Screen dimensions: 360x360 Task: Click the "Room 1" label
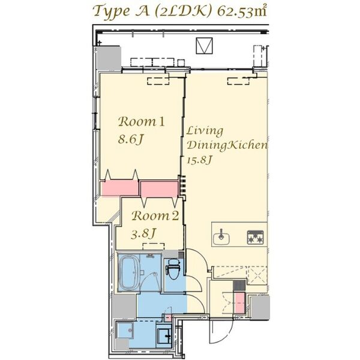(141, 122)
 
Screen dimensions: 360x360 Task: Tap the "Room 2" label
(155, 216)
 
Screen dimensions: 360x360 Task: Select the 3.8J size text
(145, 233)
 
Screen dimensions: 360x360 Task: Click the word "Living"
(204, 130)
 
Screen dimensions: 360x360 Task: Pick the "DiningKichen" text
(226, 145)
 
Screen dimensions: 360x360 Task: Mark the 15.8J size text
(200, 160)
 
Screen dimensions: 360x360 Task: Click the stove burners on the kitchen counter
(255, 238)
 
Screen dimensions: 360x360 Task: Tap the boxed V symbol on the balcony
(205, 45)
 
